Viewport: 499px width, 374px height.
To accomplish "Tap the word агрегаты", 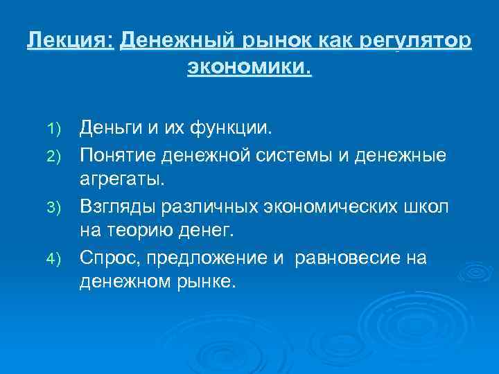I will coord(122,179).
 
